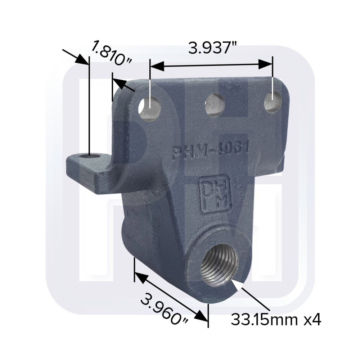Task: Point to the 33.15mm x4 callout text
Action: coord(276,319)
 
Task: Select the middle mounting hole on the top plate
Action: coord(215,104)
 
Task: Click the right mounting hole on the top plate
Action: coord(273,102)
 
